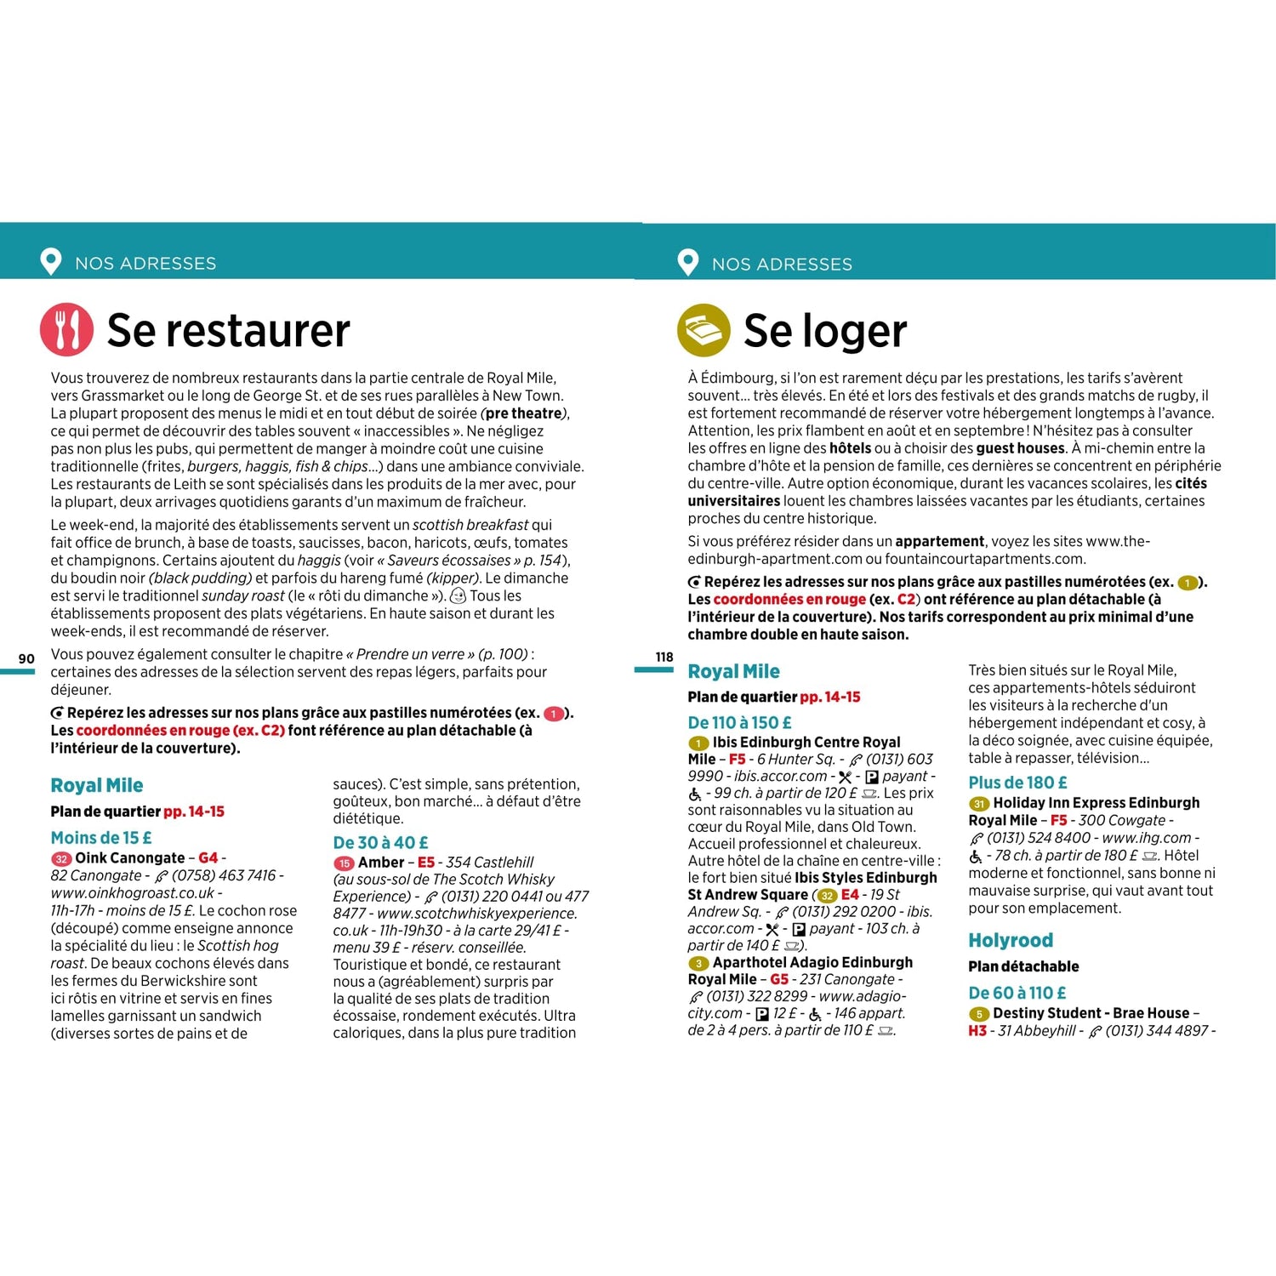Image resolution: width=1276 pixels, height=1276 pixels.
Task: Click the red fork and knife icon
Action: pyautogui.click(x=66, y=329)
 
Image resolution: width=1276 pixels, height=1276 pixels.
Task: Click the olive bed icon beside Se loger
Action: pyautogui.click(x=704, y=330)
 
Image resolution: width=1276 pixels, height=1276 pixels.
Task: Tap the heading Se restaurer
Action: pyautogui.click(x=228, y=330)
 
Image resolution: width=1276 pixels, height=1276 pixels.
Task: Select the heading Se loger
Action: pyautogui.click(x=824, y=331)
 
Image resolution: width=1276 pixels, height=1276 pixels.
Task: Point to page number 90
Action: pyautogui.click(x=26, y=658)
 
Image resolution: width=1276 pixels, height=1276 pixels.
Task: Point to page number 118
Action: pyautogui.click(x=664, y=657)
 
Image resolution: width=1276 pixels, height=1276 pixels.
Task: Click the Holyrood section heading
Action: pyautogui.click(x=1010, y=940)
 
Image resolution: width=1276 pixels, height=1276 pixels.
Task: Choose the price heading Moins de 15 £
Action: pyautogui.click(x=101, y=838)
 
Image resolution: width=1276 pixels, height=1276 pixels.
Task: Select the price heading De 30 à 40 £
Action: pyautogui.click(x=380, y=842)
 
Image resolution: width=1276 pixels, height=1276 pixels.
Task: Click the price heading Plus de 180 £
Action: pyautogui.click(x=1017, y=782)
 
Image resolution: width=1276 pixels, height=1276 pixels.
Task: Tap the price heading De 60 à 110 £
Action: pyautogui.click(x=1017, y=993)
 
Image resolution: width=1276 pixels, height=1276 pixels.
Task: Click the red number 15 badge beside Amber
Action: pyautogui.click(x=344, y=863)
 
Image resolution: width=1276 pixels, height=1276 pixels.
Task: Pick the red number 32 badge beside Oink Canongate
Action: pyautogui.click(x=61, y=859)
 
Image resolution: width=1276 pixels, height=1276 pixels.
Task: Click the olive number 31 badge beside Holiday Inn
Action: pyautogui.click(x=978, y=804)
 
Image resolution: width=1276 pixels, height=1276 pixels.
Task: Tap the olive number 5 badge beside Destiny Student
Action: pyautogui.click(x=978, y=1014)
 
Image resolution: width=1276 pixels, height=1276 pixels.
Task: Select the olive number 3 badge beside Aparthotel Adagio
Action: pyautogui.click(x=698, y=963)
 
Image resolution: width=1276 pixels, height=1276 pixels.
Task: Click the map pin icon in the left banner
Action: pyautogui.click(x=51, y=262)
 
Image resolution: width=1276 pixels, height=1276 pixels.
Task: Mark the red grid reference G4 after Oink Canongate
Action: pyautogui.click(x=208, y=858)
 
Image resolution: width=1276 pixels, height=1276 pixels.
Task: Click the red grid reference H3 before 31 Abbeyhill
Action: pyautogui.click(x=977, y=1030)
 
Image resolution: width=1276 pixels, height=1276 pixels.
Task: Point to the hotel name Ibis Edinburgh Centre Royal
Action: pyautogui.click(x=806, y=742)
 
